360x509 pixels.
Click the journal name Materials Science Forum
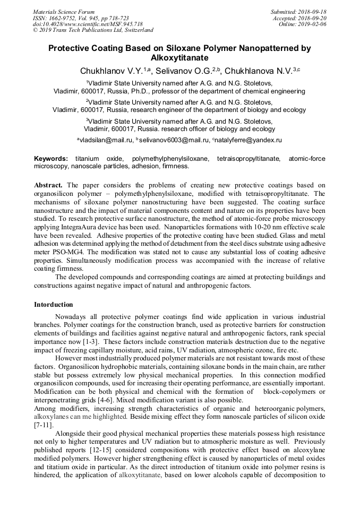64,12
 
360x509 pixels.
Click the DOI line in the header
88,24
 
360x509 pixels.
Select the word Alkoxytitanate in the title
179,57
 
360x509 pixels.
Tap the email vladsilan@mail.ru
105,140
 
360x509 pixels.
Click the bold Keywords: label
51,159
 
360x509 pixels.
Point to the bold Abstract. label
49,185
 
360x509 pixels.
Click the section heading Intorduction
54,305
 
